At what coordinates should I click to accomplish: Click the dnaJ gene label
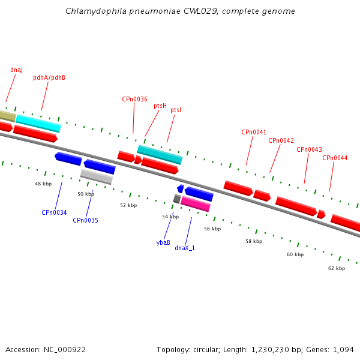(17, 70)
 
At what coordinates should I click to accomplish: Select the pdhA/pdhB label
(49, 77)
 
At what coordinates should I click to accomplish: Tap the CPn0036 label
(134, 99)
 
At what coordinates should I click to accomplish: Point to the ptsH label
(160, 106)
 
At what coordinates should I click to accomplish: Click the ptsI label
(176, 110)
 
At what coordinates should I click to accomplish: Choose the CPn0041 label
(254, 132)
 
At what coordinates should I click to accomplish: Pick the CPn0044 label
(335, 158)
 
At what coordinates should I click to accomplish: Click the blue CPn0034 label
(54, 212)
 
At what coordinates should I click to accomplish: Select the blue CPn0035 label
(85, 220)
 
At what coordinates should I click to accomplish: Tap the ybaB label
(163, 242)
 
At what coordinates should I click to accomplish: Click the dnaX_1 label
(185, 248)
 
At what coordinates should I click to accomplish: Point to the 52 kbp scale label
(128, 205)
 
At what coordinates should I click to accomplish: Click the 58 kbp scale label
(254, 241)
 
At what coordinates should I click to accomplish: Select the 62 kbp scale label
(337, 268)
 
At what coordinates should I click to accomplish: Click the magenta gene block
(196, 204)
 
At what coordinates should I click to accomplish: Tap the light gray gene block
(97, 177)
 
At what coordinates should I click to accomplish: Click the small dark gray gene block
(177, 199)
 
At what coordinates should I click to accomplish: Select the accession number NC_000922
(65, 350)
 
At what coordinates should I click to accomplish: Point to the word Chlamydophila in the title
(96, 11)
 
